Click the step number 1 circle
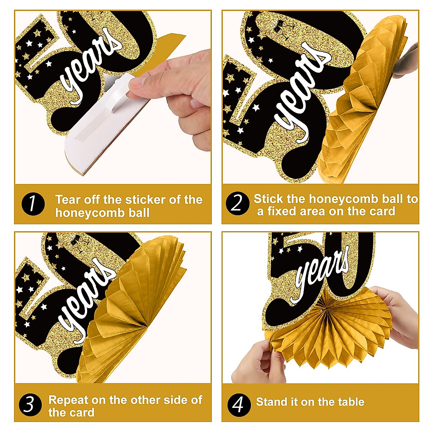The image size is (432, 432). point(33,204)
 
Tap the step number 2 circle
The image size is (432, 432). point(237,203)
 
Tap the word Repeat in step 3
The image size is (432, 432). point(68,400)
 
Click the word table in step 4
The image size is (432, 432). point(350,402)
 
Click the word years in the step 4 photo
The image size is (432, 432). point(320,274)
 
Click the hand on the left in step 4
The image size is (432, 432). point(259,364)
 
